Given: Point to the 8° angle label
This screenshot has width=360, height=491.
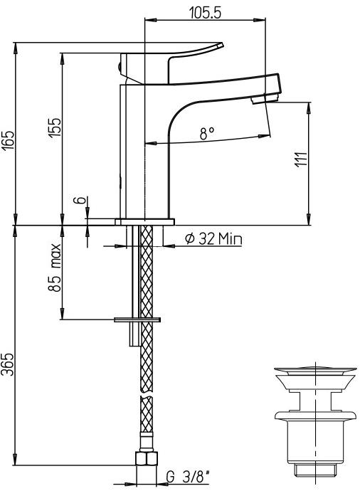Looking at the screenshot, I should click(x=206, y=133).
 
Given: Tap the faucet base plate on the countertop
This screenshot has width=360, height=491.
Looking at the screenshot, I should click(x=145, y=222).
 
